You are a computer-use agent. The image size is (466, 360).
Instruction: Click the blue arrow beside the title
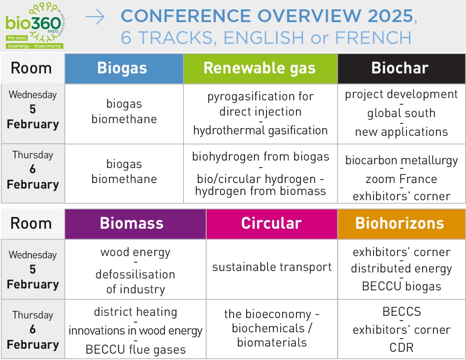click(x=95, y=17)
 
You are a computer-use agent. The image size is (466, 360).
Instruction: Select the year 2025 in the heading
click(x=390, y=16)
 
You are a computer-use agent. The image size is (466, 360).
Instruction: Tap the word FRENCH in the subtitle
click(x=373, y=38)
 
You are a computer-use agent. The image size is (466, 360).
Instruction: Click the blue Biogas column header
click(x=122, y=68)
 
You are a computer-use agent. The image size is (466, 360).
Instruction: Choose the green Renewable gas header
click(x=260, y=68)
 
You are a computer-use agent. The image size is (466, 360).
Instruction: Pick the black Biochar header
click(x=400, y=68)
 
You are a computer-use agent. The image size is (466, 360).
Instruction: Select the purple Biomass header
click(x=132, y=223)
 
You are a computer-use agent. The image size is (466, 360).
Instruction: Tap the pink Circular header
click(x=271, y=223)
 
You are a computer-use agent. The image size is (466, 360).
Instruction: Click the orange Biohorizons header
click(x=400, y=223)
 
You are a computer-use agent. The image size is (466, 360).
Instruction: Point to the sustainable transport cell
click(x=272, y=267)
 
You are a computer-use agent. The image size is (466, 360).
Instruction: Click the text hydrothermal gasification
click(x=260, y=130)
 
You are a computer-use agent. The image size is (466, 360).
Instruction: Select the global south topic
click(x=401, y=113)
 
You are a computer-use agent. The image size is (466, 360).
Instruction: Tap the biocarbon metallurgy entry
click(x=401, y=160)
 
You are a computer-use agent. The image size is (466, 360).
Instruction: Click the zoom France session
click(x=401, y=179)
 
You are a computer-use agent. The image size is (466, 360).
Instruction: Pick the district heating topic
click(x=135, y=312)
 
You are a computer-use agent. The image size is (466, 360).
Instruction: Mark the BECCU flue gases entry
click(x=135, y=349)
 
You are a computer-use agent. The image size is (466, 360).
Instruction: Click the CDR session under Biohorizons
click(x=401, y=348)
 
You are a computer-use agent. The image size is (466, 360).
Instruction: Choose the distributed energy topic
click(x=401, y=269)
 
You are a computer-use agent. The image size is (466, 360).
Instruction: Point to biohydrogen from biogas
click(x=260, y=157)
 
